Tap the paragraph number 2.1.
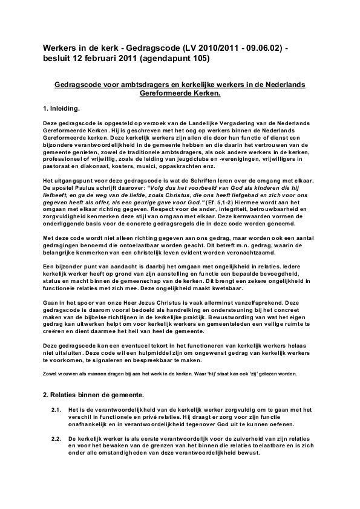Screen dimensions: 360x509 (57, 411)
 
